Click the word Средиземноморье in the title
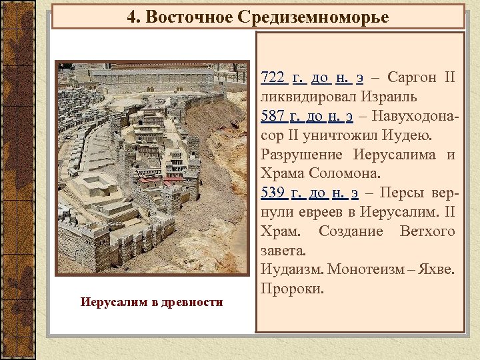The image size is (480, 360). [x=313, y=17]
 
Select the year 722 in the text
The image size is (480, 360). [x=273, y=77]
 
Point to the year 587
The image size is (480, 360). [x=273, y=116]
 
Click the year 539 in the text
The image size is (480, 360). [x=273, y=193]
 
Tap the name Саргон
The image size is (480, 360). [x=411, y=77]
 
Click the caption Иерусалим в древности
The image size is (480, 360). [x=152, y=303]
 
